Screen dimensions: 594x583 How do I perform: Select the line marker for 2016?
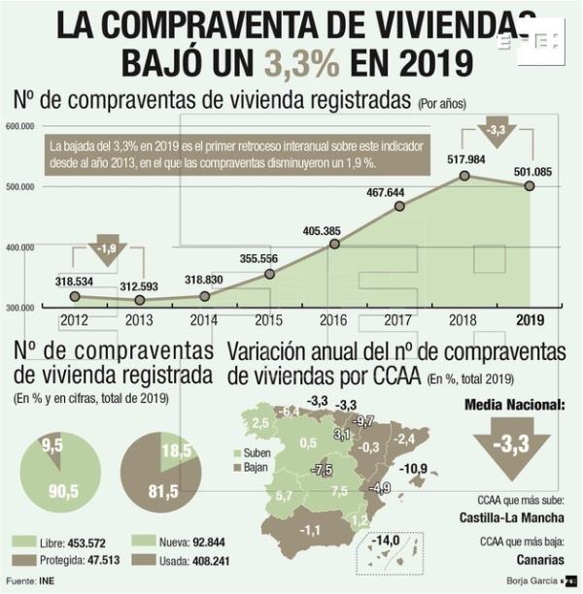[x=334, y=244]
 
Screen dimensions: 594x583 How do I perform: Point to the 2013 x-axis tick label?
[x=140, y=319]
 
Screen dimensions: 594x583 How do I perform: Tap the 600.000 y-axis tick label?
[x=19, y=126]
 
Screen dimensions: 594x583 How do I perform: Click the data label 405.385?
[x=334, y=228]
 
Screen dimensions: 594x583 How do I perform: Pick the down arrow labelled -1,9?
[x=108, y=249]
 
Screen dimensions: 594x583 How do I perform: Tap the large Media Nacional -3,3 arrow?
[x=512, y=448]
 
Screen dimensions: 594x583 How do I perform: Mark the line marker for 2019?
[x=530, y=185]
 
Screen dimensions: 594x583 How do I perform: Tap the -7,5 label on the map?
[x=321, y=469]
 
